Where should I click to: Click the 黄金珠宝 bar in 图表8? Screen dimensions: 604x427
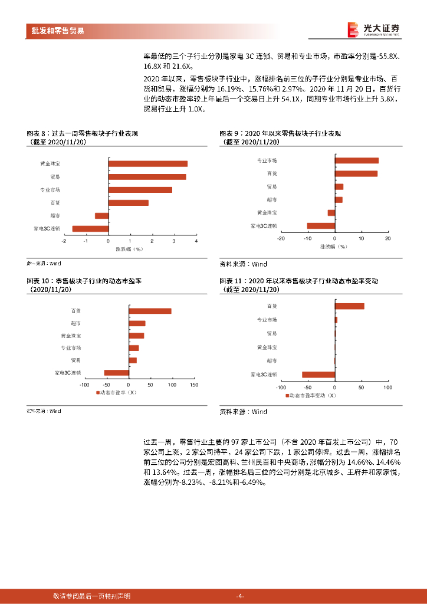148,164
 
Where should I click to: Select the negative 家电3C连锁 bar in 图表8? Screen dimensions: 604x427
90,229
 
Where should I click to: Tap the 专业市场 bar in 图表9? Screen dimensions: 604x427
356,160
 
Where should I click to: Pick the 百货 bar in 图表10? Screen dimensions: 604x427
150,311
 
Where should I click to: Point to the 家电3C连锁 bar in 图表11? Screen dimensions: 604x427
318,375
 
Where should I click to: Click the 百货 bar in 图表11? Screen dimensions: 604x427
349,306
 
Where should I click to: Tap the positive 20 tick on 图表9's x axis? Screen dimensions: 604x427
387,238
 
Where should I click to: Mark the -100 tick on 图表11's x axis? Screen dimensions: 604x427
281,388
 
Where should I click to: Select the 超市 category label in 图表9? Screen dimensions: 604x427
271,200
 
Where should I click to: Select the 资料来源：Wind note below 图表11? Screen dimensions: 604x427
243,412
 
